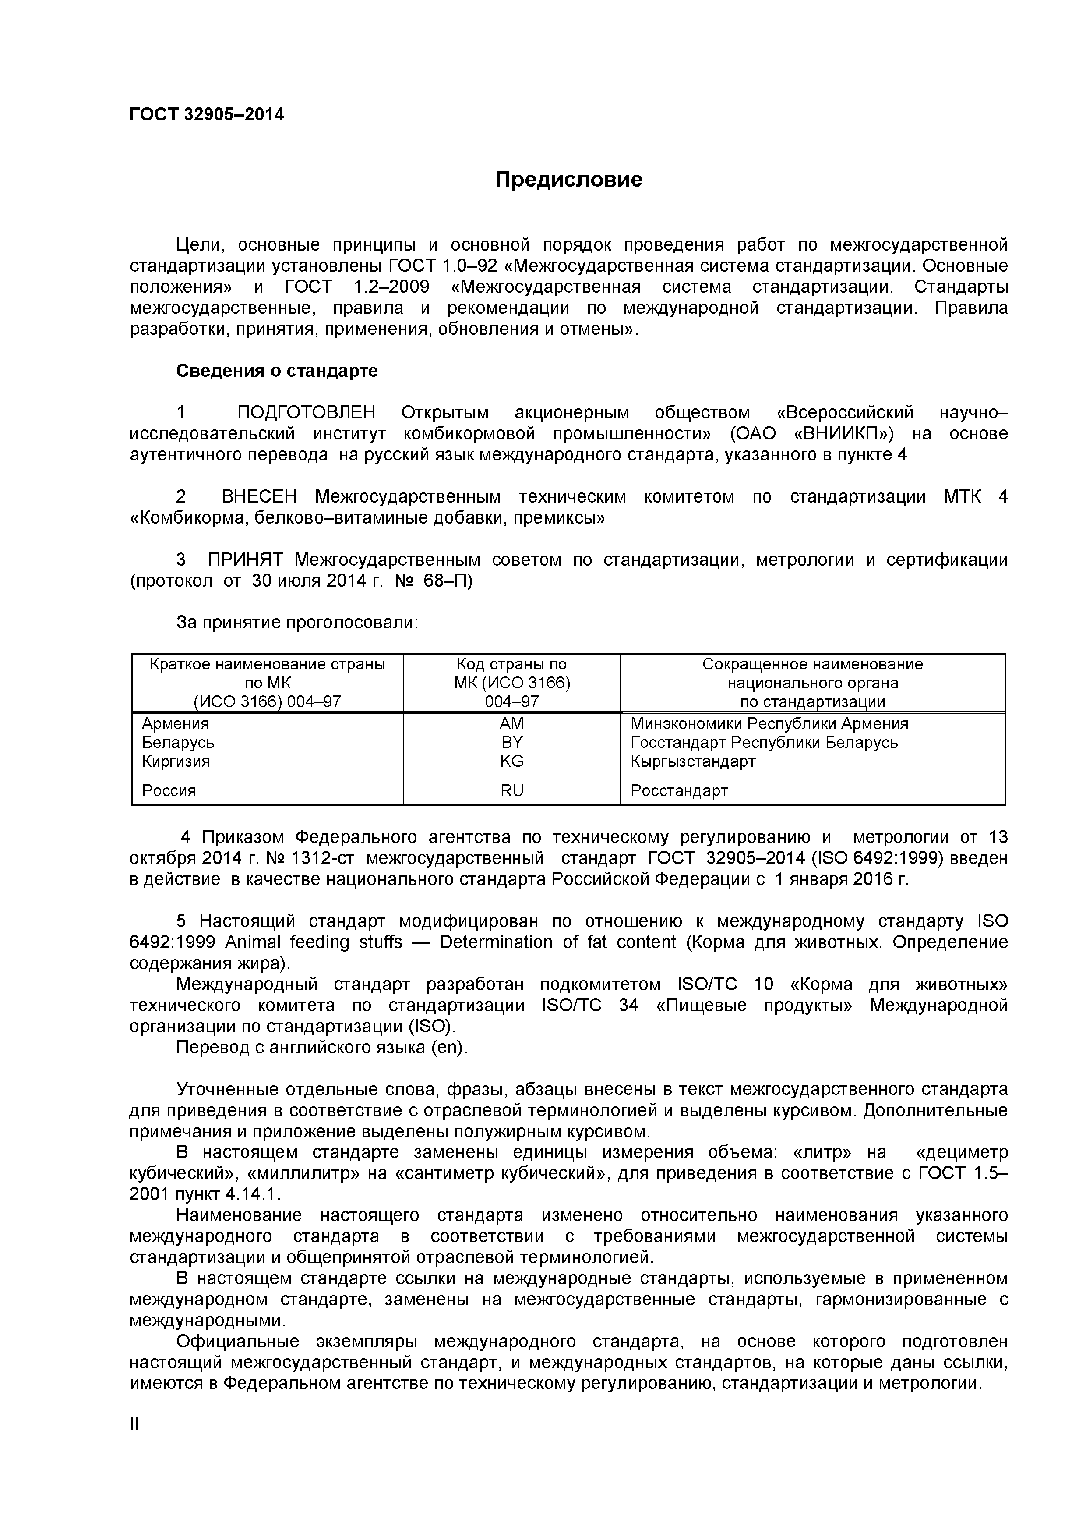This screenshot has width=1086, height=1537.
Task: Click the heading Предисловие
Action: [569, 179]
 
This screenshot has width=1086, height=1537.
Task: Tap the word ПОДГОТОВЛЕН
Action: [307, 413]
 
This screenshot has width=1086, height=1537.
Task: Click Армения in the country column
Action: [175, 724]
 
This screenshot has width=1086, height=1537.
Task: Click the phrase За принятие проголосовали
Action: [297, 623]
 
